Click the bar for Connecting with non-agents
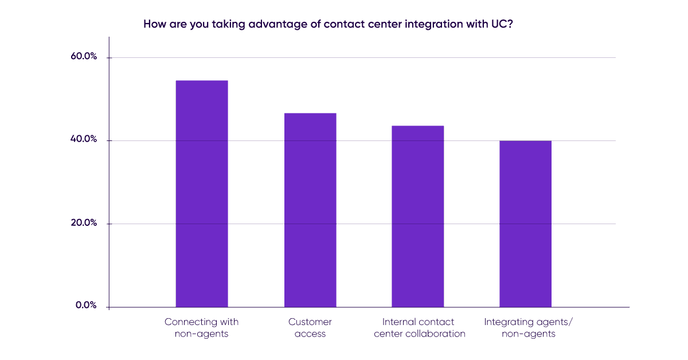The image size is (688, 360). click(x=201, y=193)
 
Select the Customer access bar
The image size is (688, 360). click(x=310, y=210)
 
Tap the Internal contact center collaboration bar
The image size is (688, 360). click(x=417, y=216)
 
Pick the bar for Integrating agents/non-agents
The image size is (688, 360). click(x=525, y=224)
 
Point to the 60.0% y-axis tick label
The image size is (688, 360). click(x=84, y=57)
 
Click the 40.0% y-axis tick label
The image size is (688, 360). click(x=84, y=140)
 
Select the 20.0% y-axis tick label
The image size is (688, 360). click(x=84, y=223)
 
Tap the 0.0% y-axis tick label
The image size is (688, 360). click(x=86, y=306)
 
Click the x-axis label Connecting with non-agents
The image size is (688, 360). click(x=201, y=327)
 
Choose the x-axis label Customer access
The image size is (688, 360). click(x=310, y=327)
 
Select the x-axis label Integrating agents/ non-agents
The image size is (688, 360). click(x=528, y=327)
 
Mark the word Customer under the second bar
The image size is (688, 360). click(x=310, y=322)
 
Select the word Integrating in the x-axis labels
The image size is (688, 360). click(x=509, y=322)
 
